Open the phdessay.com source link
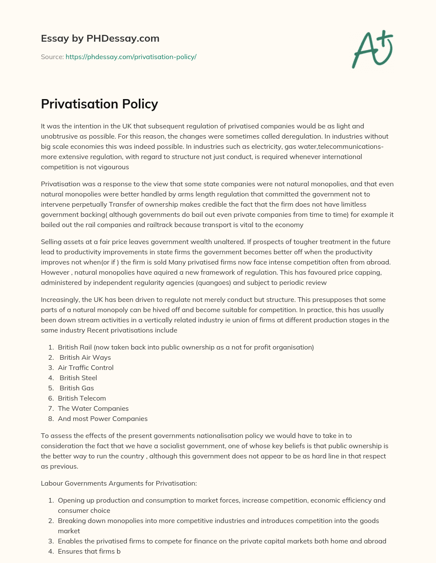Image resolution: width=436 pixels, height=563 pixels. click(x=131, y=57)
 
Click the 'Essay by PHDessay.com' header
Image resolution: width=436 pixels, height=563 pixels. click(x=100, y=39)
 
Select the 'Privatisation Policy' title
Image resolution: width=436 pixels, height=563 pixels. click(x=99, y=104)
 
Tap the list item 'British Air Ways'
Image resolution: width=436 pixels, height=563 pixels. click(x=85, y=358)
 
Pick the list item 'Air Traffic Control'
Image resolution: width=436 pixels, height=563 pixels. click(x=86, y=368)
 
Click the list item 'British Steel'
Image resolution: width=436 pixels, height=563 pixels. click(x=78, y=378)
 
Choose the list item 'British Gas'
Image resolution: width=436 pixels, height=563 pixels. click(x=77, y=388)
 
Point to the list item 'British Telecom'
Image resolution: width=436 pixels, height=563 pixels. click(x=82, y=398)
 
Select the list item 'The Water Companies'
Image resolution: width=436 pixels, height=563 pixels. click(x=93, y=409)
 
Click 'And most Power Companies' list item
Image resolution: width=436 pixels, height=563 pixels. click(x=103, y=419)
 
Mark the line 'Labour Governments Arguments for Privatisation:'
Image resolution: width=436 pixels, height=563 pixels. click(x=119, y=483)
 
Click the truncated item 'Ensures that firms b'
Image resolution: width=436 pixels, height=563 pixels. click(x=89, y=552)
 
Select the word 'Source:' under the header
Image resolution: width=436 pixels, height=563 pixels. click(x=52, y=57)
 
